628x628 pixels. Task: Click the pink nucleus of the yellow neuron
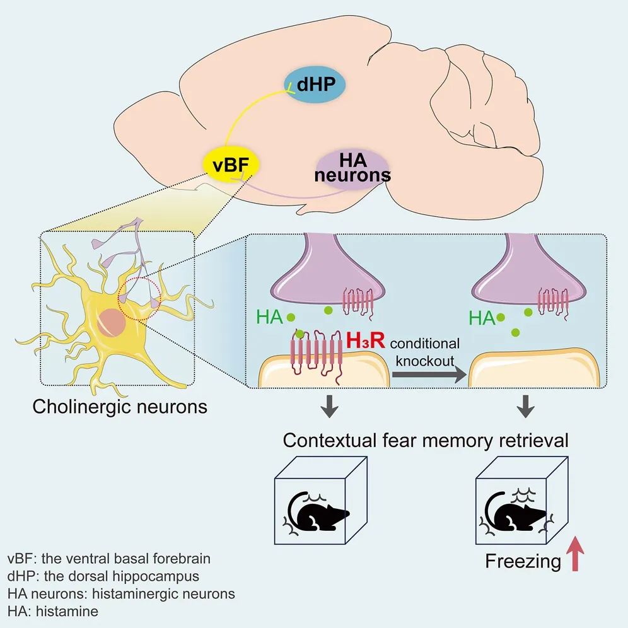click(x=115, y=318)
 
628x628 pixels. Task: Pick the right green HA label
click(x=481, y=319)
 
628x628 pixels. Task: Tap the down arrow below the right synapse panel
click(x=526, y=407)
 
